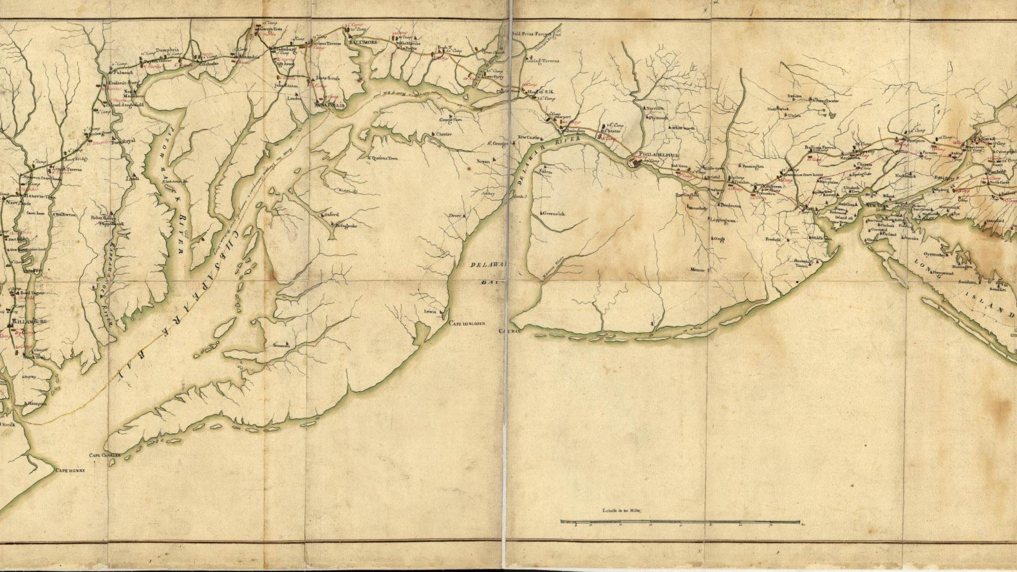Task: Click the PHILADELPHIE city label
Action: (658, 154)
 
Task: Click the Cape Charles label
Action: (104, 455)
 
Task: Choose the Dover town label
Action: (455, 216)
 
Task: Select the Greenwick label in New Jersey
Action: (554, 213)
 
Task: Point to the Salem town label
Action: (546, 172)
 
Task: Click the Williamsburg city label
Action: (30, 322)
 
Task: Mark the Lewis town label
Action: (430, 311)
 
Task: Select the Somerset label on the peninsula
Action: (281, 345)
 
